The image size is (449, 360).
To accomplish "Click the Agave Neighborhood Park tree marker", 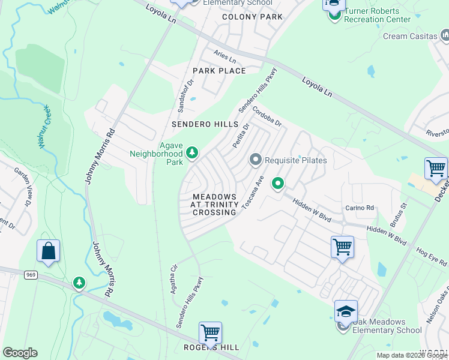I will click(x=192, y=154).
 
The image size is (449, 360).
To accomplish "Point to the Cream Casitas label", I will click(x=410, y=36).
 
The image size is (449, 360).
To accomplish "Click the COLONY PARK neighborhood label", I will click(x=252, y=17).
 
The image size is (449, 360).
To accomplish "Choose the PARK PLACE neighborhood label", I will click(x=219, y=71).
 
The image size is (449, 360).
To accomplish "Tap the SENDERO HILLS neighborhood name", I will click(x=200, y=124).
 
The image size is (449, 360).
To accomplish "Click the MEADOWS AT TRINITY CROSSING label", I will click(x=214, y=205).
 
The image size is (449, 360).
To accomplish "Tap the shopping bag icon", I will click(x=48, y=251).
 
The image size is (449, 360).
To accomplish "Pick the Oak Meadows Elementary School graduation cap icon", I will click(x=346, y=311).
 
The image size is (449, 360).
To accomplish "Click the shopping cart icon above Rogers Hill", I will click(x=210, y=331).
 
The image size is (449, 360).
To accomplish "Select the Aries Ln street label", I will click(x=225, y=58).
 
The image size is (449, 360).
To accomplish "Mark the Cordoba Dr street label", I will click(x=267, y=116).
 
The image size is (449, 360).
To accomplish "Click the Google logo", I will click(x=20, y=352).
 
